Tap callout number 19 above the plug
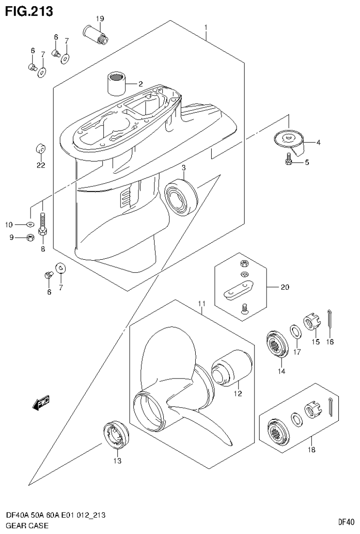(x=100, y=19)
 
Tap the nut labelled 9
(x=29, y=237)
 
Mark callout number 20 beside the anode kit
(x=285, y=287)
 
